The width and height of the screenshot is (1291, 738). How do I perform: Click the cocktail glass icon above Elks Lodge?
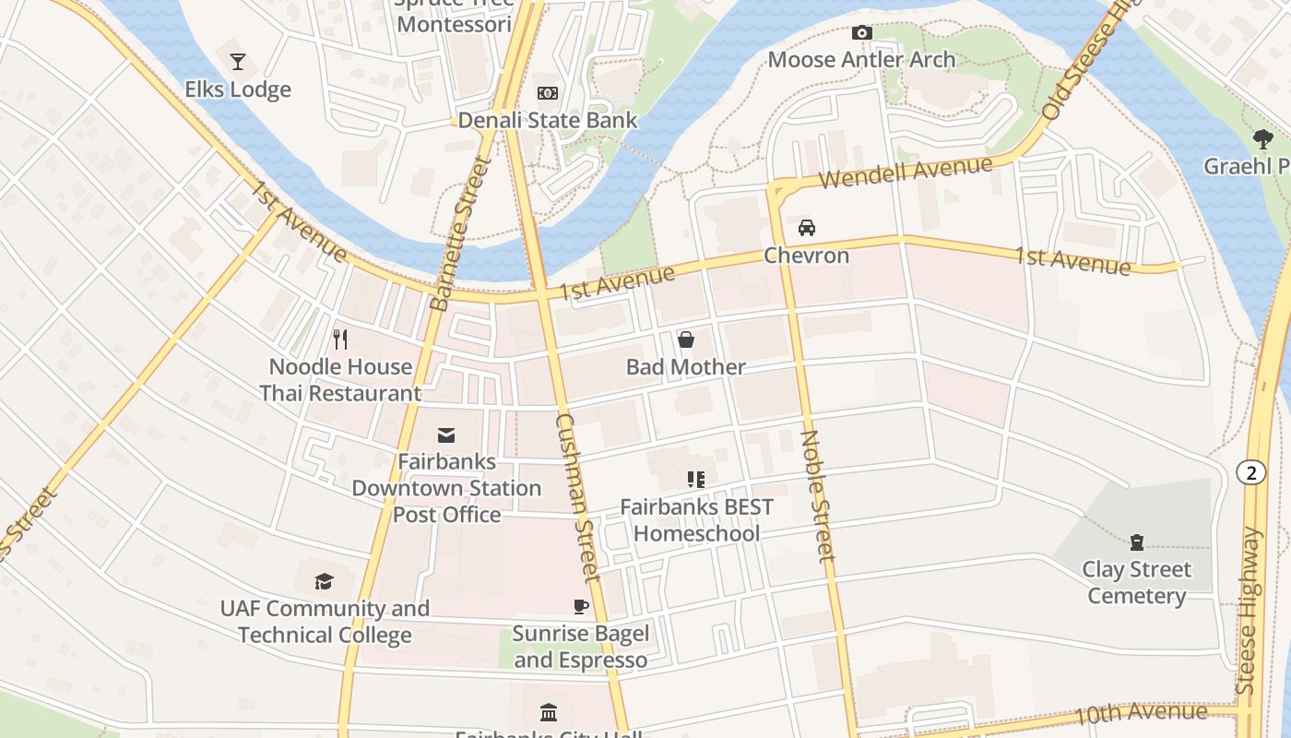[x=238, y=62]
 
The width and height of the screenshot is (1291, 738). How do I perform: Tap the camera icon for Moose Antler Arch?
[x=862, y=33]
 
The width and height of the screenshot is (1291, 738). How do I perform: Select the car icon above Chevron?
[x=806, y=228]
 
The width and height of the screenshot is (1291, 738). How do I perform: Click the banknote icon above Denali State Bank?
[x=548, y=93]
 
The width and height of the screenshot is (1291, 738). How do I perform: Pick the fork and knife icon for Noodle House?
[x=340, y=339]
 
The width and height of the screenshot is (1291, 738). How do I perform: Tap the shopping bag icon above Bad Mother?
[x=686, y=340]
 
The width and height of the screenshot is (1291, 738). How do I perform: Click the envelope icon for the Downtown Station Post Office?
[x=446, y=434]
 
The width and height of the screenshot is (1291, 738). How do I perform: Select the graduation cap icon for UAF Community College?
[x=324, y=581]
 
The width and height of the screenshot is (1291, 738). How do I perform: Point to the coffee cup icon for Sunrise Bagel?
[x=581, y=606]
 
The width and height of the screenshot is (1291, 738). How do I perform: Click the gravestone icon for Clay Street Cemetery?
[x=1136, y=542]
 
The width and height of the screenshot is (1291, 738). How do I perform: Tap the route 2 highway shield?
[x=1250, y=473]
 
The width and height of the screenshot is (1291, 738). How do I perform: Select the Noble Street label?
[x=817, y=496]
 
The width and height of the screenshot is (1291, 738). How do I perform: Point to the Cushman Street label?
[x=578, y=497]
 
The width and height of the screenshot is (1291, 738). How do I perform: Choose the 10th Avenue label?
[x=1142, y=713]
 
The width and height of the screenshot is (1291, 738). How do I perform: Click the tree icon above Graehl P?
[x=1262, y=139]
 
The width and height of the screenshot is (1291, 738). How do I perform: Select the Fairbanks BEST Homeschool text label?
[x=696, y=520]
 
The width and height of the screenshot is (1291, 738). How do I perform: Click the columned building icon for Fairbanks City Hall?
[x=549, y=712]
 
